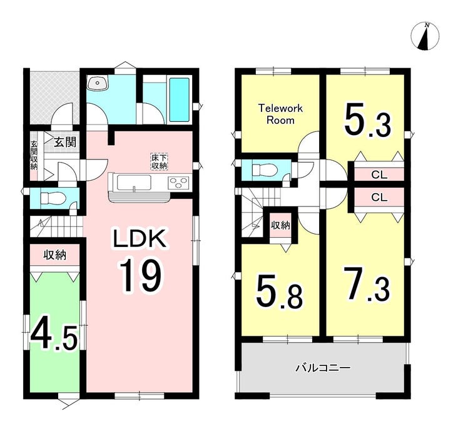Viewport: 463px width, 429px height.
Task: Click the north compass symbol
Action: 425,37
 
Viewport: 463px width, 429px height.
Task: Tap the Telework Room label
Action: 280,114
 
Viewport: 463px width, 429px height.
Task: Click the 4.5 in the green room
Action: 54,334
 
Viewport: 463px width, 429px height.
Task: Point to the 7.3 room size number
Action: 367,283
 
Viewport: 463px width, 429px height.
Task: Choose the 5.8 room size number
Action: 280,292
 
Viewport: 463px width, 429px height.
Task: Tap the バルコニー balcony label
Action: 323,368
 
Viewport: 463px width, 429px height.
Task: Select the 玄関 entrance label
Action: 65,143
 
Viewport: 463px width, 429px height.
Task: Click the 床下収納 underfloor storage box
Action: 160,161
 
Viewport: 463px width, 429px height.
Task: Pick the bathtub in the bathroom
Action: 179,99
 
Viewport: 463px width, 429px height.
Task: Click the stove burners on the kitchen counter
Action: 178,183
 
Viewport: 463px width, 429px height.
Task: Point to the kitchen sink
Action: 134,183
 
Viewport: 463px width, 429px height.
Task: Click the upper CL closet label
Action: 379,175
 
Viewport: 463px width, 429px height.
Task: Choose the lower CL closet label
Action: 379,197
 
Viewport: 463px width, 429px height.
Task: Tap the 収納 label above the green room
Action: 55,255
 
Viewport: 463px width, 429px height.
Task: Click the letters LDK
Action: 140,239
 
